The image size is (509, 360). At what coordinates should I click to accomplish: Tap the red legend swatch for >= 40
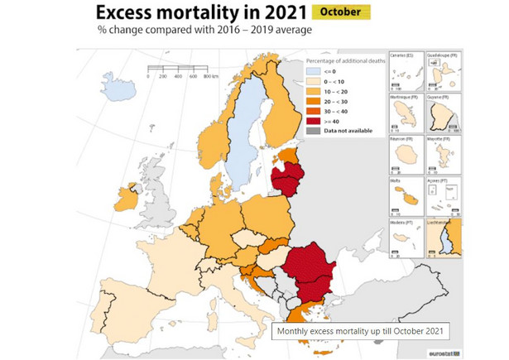tap(314, 122)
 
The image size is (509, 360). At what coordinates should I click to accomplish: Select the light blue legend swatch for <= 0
tap(314, 72)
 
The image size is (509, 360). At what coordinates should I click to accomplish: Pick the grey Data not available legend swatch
tap(314, 131)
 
